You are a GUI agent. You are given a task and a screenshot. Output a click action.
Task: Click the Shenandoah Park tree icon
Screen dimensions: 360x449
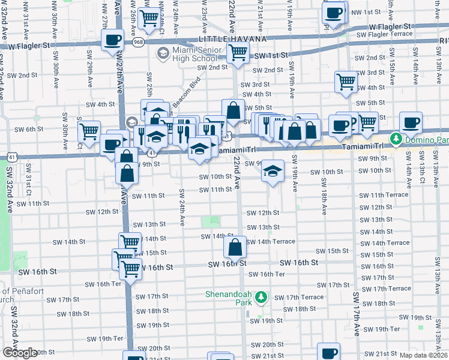[261, 297]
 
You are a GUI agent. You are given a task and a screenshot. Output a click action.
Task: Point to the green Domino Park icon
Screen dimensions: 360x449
[396, 139]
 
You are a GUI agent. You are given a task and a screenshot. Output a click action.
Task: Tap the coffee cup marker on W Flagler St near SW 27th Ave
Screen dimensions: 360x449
[112, 41]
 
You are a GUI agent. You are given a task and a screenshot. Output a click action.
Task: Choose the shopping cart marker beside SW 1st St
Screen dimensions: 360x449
[239, 53]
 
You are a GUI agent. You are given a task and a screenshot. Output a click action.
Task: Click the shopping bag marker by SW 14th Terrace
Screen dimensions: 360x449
[235, 246]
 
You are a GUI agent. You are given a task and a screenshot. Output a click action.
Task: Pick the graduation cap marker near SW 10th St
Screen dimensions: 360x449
[273, 172]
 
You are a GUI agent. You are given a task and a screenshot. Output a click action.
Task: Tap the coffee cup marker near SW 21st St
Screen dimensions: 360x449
[328, 352]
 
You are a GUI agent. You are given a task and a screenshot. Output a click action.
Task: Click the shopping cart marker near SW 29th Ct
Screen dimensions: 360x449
[89, 130]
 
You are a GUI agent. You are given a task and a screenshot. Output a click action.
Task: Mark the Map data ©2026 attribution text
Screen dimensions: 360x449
[424, 355]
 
